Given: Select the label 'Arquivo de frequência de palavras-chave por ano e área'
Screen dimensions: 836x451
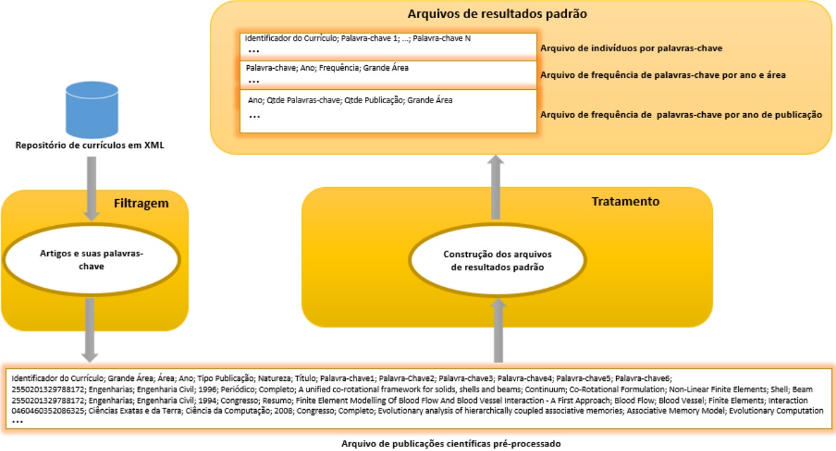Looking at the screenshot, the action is [x=663, y=75].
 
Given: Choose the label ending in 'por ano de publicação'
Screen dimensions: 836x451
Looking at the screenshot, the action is [x=681, y=115].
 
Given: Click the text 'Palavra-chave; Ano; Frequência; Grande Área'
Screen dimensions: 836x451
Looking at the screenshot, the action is [x=327, y=68].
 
